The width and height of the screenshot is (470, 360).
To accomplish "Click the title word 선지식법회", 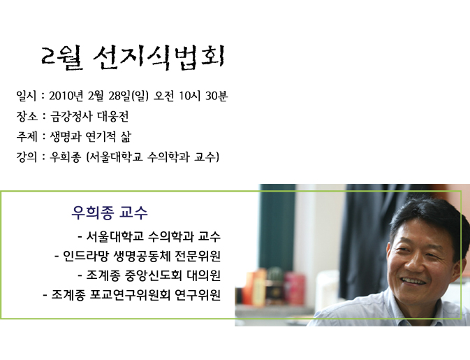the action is [159, 58].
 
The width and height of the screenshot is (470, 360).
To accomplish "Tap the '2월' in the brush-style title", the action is [62, 58].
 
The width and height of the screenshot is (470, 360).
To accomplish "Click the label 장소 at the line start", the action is [27, 117].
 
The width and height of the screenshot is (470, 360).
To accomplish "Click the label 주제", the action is [27, 137].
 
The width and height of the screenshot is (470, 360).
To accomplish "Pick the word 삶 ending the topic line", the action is [126, 137].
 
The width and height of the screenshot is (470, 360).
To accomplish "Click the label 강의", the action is [27, 157].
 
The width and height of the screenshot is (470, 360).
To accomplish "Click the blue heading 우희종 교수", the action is [110, 213].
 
